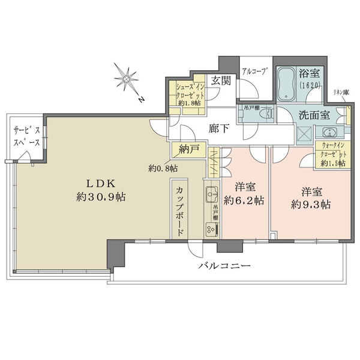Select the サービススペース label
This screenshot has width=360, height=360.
[27, 137]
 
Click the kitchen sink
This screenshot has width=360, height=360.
[211, 194]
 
